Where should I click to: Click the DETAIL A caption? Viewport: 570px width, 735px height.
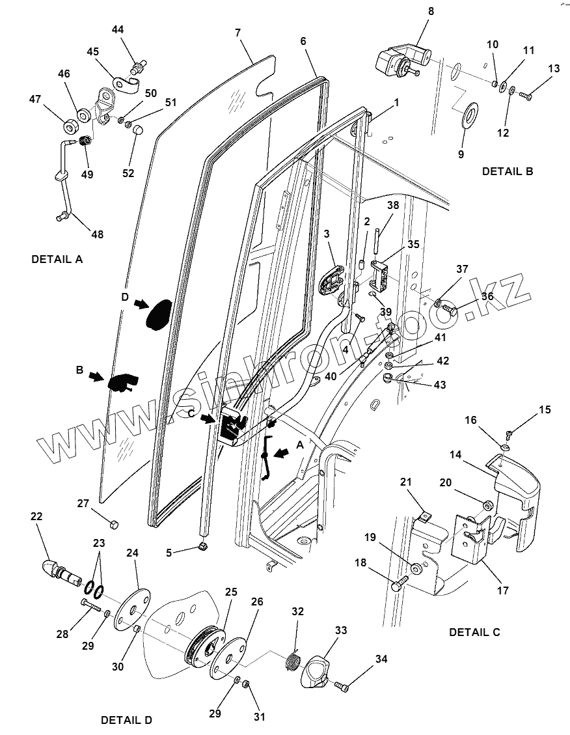click(x=57, y=259)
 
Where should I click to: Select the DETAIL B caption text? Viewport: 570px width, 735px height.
click(x=508, y=172)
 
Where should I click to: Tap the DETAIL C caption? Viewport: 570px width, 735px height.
click(x=474, y=632)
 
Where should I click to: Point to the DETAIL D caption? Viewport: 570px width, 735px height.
click(x=126, y=720)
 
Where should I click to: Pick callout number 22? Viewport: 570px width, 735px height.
click(x=36, y=516)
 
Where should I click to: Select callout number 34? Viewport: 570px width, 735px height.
click(x=381, y=659)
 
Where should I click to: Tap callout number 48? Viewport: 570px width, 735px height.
click(x=96, y=234)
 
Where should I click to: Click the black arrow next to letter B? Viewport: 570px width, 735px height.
click(x=95, y=376)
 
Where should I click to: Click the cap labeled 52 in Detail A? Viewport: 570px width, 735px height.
click(x=137, y=130)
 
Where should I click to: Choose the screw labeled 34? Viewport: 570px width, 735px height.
click(x=342, y=686)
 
